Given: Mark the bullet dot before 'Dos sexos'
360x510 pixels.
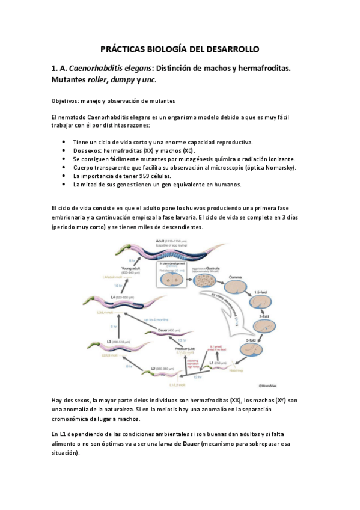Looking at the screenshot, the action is [x=64, y=150].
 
